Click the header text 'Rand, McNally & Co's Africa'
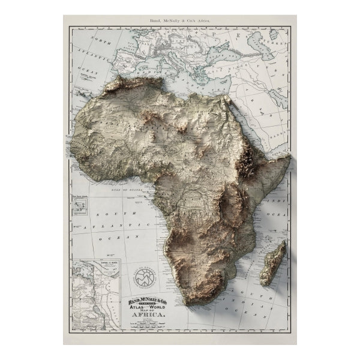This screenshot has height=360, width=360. click(179, 22)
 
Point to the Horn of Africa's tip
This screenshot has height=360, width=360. click(289, 158)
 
